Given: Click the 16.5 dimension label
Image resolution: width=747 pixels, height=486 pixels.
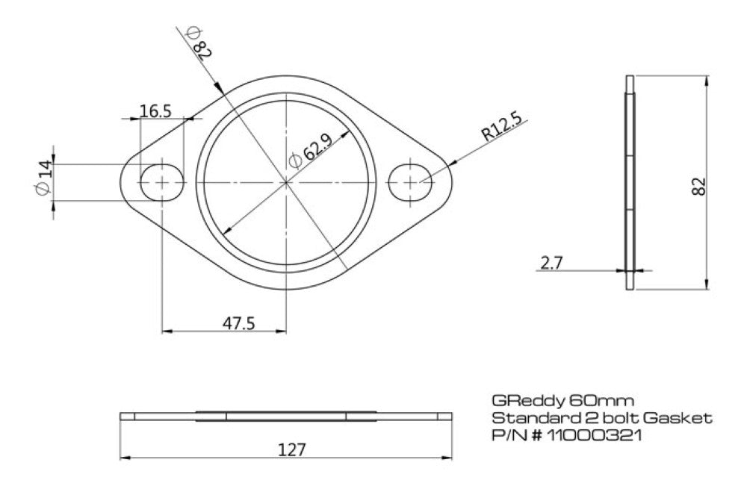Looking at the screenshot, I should [155, 110].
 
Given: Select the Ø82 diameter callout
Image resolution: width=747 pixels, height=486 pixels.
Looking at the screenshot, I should [197, 42].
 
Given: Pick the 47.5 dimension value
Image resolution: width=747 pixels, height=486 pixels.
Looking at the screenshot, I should [239, 323].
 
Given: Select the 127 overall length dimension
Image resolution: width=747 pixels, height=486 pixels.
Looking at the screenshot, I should [292, 449].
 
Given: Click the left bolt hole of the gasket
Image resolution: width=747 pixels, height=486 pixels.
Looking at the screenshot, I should [162, 181].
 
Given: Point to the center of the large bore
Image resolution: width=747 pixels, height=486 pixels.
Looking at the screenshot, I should [286, 181].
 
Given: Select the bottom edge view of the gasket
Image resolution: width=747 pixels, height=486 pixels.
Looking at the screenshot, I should [286, 417].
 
